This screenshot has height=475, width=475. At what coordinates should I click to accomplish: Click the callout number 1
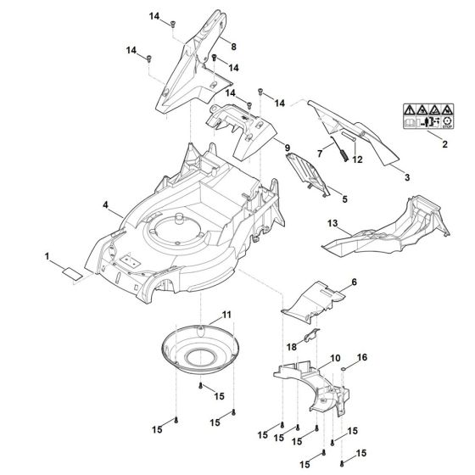coord(48,254)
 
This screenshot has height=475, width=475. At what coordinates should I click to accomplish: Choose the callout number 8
coord(233,45)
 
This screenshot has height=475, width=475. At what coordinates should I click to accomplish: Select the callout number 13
coord(333,224)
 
